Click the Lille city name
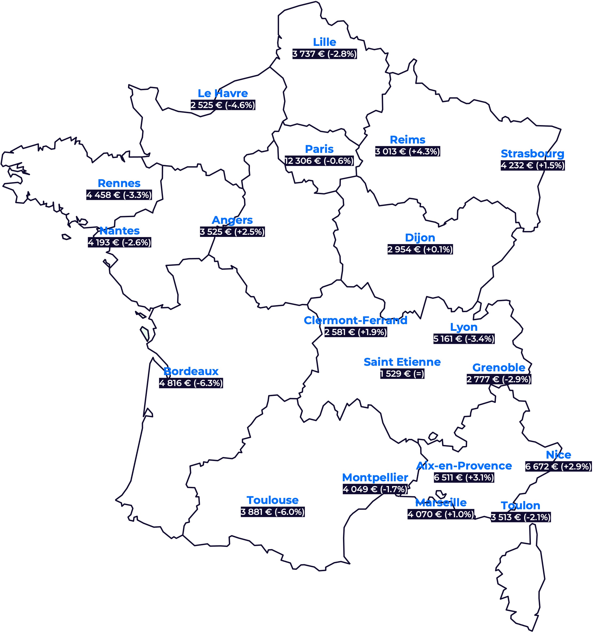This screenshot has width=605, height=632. [324, 42]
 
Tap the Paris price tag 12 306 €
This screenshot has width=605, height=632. [319, 161]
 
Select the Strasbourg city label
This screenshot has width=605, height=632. [532, 154]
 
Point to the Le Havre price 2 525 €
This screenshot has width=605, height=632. [223, 105]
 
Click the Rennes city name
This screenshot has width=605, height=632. [119, 184]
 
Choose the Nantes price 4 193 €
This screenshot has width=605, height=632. [119, 243]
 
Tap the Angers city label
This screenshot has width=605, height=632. [232, 220]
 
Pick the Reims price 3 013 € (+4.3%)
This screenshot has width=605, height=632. [408, 152]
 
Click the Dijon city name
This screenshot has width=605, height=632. [420, 238]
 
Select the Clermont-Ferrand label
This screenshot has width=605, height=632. [355, 320]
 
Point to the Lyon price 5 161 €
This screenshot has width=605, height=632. [464, 339]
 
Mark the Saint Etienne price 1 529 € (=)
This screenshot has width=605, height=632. [402, 374]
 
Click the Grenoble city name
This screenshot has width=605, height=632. [499, 368]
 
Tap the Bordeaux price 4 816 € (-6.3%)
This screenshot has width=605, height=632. [191, 383]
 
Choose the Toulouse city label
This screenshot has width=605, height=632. [273, 500]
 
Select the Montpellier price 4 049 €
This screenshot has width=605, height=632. [375, 490]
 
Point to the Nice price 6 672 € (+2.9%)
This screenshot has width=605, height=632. [558, 467]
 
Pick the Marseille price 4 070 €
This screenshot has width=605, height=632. [441, 514]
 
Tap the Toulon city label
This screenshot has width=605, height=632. [520, 506]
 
